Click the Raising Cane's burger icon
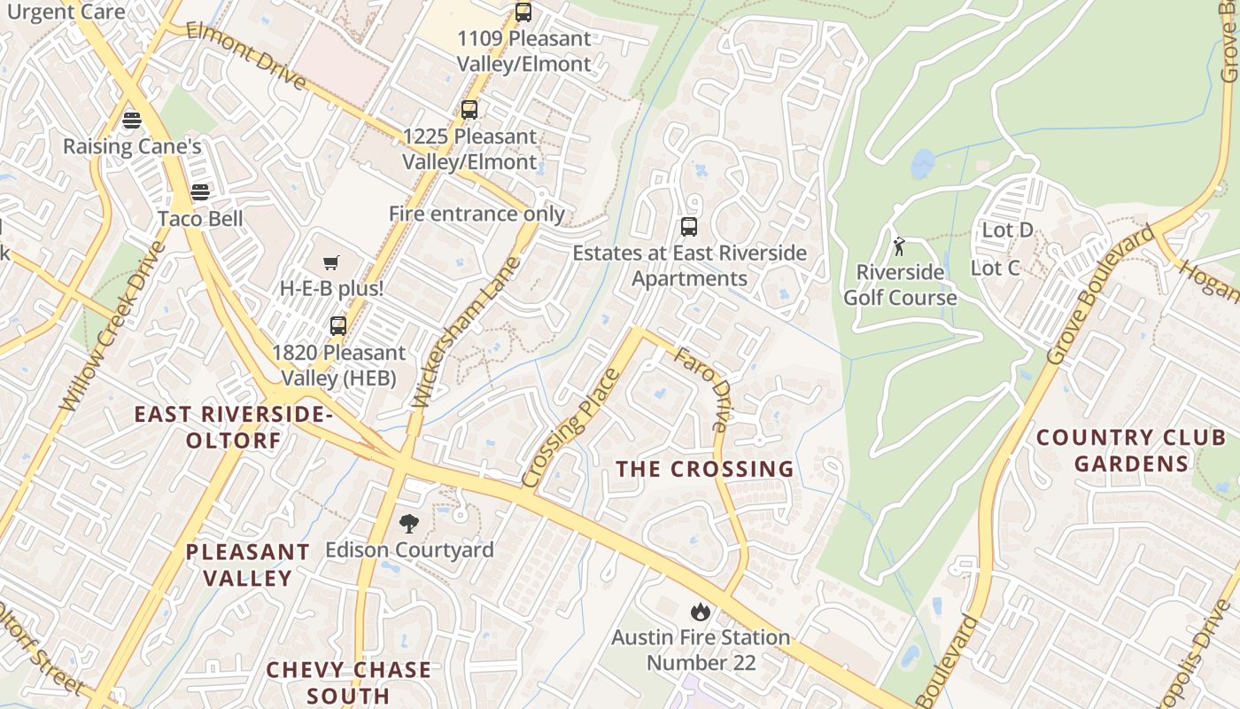[x=132, y=120]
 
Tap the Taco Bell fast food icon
[x=200, y=192]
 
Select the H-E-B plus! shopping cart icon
[x=331, y=262]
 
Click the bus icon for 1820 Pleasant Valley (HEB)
[x=338, y=325]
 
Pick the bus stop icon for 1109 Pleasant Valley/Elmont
[x=523, y=12]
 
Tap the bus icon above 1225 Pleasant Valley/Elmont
[x=469, y=110]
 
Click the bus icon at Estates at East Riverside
[x=689, y=227]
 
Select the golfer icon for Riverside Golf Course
[x=900, y=245]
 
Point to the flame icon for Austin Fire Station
[x=700, y=611]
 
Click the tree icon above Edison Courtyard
[x=408, y=524]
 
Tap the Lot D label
[x=1007, y=230]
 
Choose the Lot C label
[x=995, y=268]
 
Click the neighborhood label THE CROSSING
[x=704, y=469]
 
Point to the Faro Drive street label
[x=701, y=390]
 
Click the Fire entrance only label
[x=477, y=214]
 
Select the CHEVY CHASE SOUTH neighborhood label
[x=348, y=682]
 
